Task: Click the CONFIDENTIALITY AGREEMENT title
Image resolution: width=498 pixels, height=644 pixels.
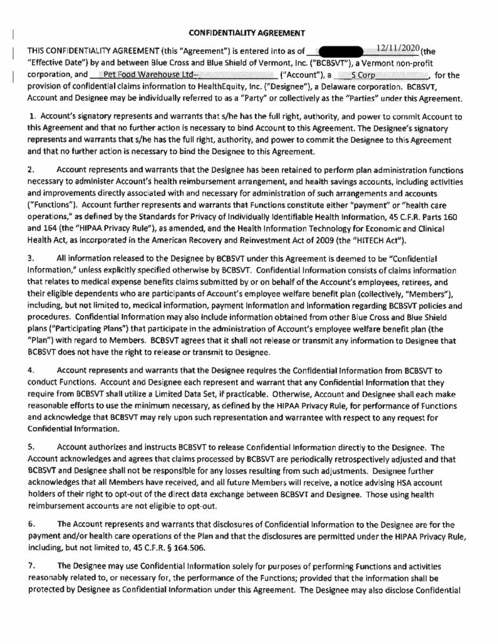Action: [249, 31]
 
